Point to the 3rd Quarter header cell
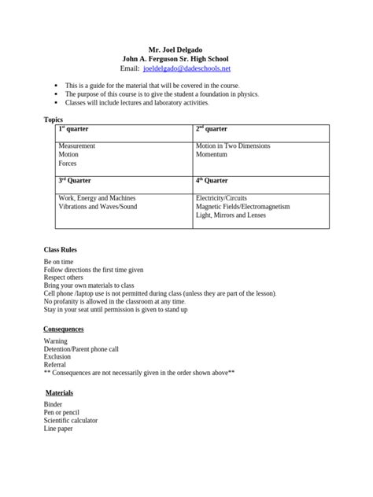(76, 180)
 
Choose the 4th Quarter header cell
(212, 180)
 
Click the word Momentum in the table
(212, 155)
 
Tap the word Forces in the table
(68, 164)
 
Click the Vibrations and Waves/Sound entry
(98, 207)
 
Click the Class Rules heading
(60, 249)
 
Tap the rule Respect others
(63, 278)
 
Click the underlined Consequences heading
(65, 328)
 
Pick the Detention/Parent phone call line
(81, 349)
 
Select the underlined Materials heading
(59, 392)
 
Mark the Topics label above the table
(52, 120)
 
